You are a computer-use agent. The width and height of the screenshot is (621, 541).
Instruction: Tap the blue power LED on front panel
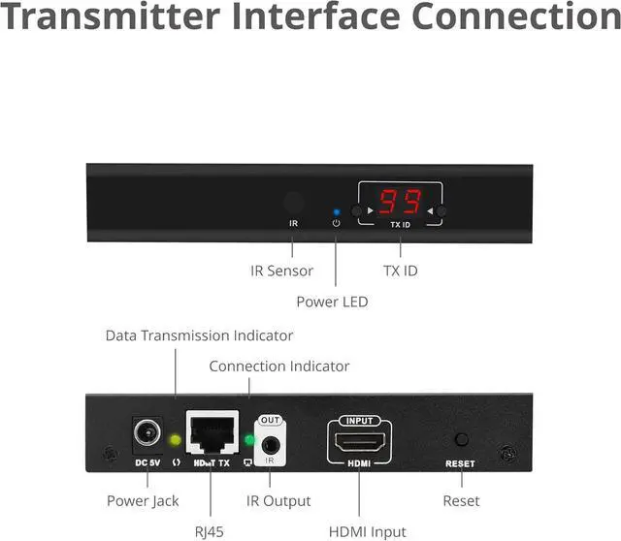(336, 210)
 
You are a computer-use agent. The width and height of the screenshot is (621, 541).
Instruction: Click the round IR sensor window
(293, 204)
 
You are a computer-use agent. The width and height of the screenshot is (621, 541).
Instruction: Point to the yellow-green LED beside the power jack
(176, 439)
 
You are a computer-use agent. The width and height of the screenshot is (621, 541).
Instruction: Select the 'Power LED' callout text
(333, 302)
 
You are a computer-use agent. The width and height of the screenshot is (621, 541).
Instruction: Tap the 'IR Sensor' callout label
(282, 270)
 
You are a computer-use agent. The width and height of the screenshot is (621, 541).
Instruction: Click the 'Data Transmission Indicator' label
(199, 335)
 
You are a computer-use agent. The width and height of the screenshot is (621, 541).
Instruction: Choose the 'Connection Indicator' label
(279, 366)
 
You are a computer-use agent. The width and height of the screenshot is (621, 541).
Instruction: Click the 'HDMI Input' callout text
(368, 530)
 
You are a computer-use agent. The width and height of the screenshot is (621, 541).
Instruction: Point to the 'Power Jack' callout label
(144, 500)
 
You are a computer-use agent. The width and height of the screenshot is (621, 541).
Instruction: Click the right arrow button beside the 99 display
(442, 210)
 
